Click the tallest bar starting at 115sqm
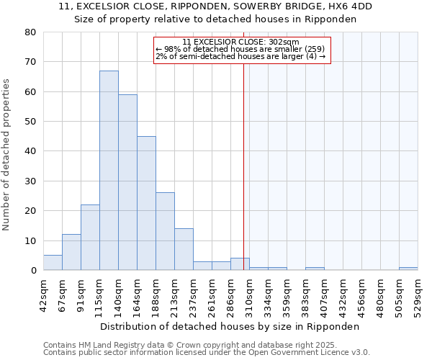[x=109, y=171]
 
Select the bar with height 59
[x=127, y=182]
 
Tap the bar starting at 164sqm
[x=146, y=203]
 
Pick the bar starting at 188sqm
[x=165, y=231]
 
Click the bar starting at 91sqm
[x=90, y=238]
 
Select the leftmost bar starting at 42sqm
[x=53, y=263]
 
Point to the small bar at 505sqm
[x=408, y=269]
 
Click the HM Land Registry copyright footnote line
[x=206, y=345]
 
